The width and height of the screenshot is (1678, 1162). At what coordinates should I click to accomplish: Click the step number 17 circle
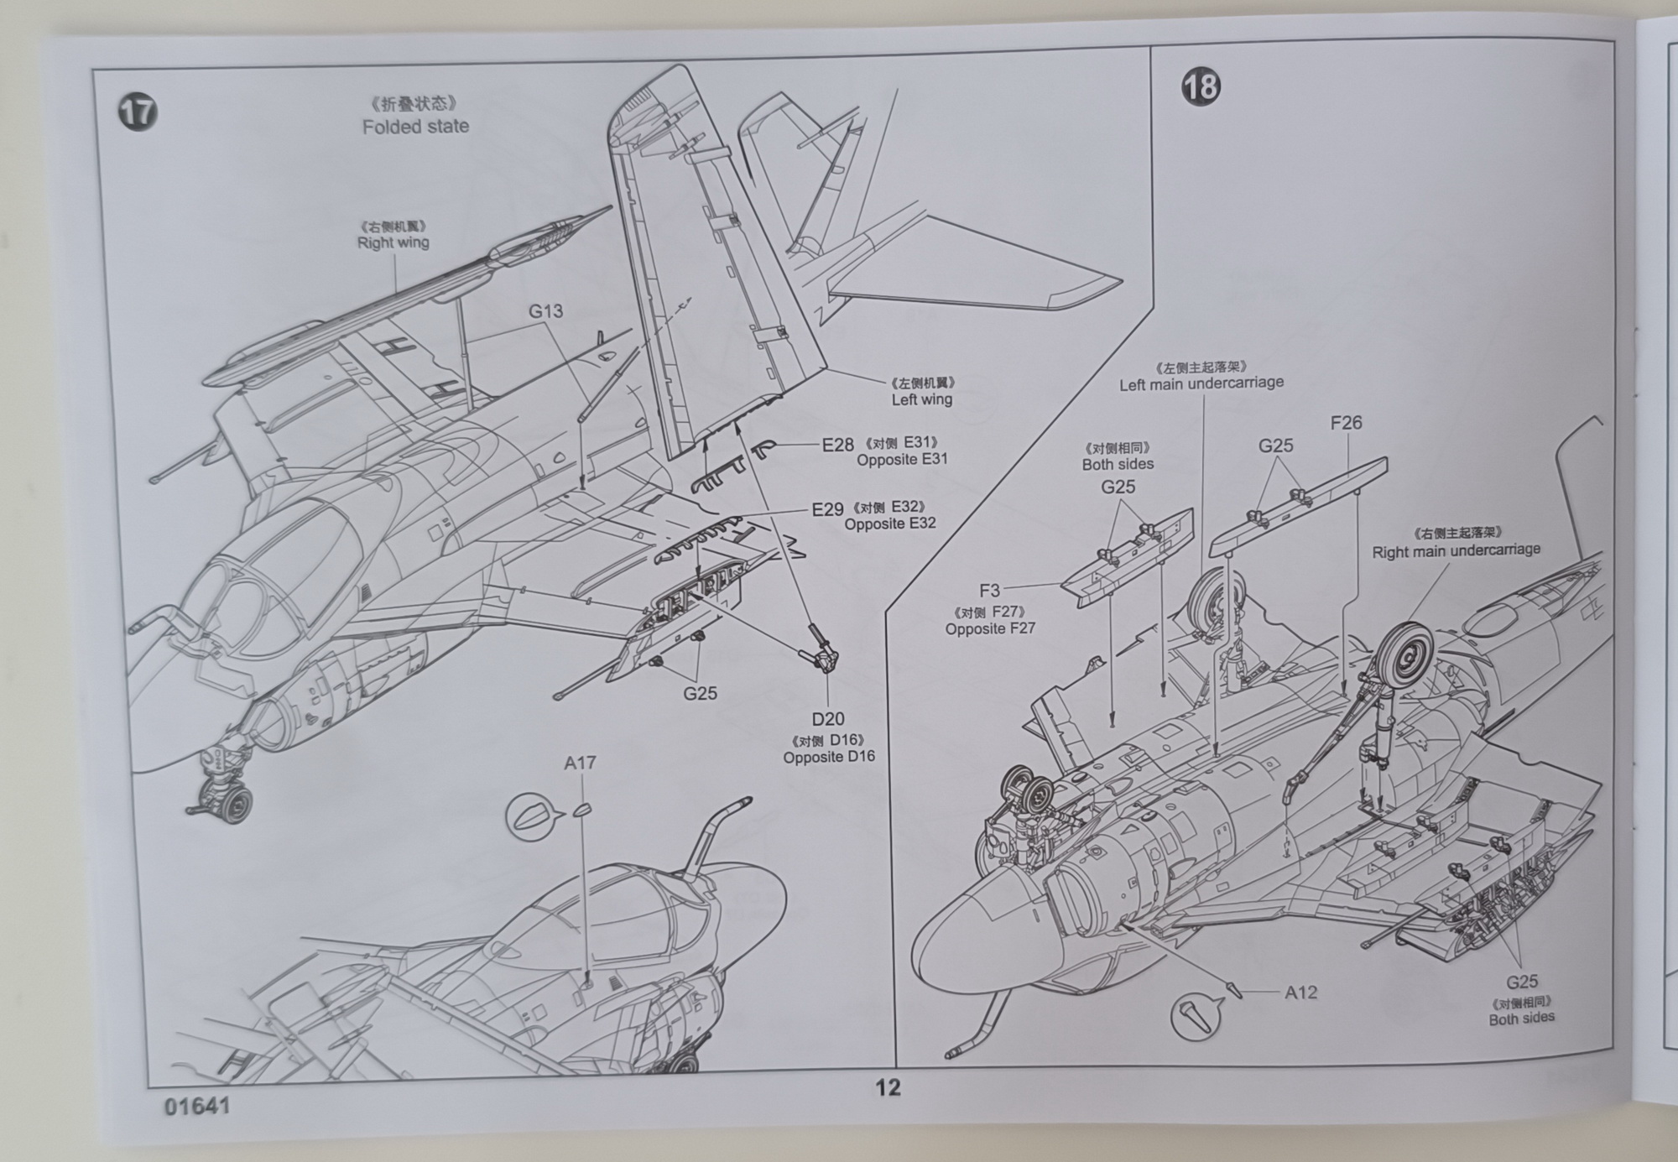click(138, 112)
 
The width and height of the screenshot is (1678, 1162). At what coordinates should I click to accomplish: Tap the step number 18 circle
click(1201, 86)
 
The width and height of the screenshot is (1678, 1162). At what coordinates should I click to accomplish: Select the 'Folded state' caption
click(415, 127)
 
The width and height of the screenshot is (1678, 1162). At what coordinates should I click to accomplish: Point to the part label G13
click(545, 311)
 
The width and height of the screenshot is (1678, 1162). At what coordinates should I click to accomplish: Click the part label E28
click(837, 446)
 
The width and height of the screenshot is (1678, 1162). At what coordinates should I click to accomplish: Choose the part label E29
click(827, 510)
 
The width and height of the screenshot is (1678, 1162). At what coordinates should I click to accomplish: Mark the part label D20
click(828, 719)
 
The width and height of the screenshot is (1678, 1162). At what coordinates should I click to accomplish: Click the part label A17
click(580, 763)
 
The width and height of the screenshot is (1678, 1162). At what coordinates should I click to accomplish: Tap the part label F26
click(1346, 423)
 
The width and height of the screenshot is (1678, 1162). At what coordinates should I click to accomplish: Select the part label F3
click(989, 591)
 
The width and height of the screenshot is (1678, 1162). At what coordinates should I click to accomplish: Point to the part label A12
click(1300, 993)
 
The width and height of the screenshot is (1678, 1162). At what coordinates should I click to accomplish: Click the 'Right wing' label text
click(393, 242)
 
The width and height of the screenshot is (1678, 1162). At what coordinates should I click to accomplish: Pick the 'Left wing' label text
click(921, 399)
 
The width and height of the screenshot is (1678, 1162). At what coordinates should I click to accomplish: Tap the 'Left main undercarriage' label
click(1201, 383)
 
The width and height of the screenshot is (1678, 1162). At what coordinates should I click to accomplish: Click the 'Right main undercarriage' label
click(1456, 550)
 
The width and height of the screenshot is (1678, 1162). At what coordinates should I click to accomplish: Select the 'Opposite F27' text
click(990, 628)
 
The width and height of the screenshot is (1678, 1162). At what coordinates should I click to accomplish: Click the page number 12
click(888, 1087)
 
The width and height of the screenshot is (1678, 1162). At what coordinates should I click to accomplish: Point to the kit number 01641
click(197, 1106)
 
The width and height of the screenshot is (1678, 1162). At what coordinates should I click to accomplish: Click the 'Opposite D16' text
click(829, 757)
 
